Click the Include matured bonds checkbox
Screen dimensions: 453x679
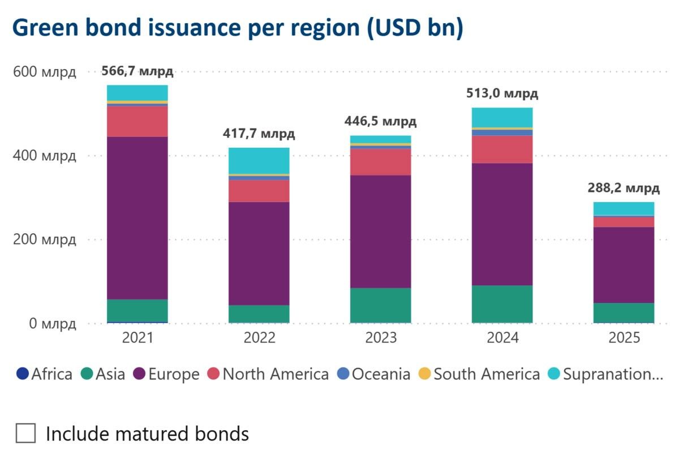tap(26, 434)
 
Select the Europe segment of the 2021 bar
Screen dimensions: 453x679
tap(137, 218)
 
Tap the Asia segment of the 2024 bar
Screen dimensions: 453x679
tap(502, 304)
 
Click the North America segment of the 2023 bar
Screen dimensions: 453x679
tap(381, 162)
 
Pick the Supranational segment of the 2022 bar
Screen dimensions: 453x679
tap(259, 160)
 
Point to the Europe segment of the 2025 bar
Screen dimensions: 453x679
tap(624, 265)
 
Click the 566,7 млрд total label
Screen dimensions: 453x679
tap(137, 71)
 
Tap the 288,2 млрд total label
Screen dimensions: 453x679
tap(624, 188)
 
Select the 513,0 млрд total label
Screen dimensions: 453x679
tap(502, 93)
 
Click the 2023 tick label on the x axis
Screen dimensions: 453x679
tap(381, 338)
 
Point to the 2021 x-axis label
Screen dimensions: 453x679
tap(137, 338)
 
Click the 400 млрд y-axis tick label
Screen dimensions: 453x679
tap(44, 156)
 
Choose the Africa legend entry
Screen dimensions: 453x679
tap(45, 374)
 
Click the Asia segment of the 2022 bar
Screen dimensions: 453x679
tap(259, 314)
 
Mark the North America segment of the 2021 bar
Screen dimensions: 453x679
tap(137, 122)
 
